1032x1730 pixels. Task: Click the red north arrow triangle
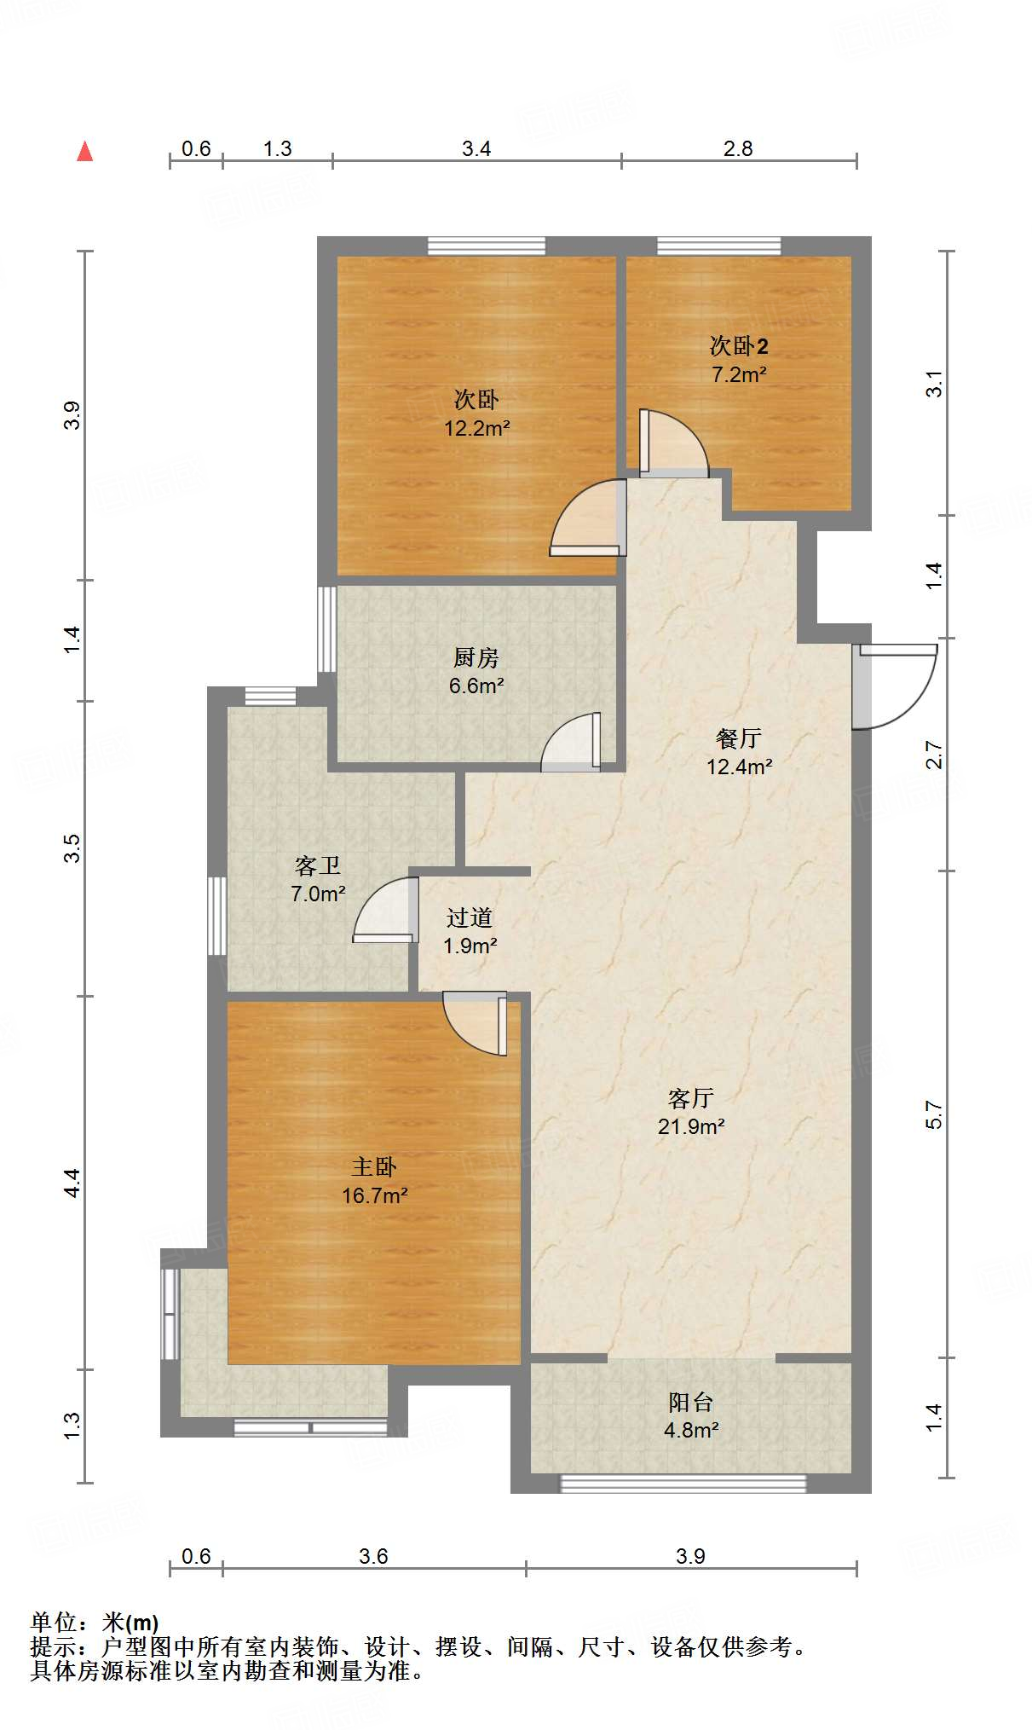(x=84, y=151)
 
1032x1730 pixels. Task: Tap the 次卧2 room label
(x=739, y=345)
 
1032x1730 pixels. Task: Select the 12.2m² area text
(x=476, y=428)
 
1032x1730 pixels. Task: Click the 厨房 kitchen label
(x=476, y=657)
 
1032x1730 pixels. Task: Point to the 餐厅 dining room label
(x=739, y=738)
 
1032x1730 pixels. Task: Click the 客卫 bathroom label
(x=318, y=865)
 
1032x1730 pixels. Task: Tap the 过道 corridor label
(x=470, y=917)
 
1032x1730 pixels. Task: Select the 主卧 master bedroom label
(x=374, y=1166)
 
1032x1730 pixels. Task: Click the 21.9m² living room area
(x=691, y=1126)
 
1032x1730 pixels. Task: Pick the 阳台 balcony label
(x=691, y=1402)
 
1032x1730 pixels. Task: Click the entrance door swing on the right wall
(x=895, y=687)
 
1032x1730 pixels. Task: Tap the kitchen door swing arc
(x=571, y=742)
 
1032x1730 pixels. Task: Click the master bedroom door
(x=475, y=1023)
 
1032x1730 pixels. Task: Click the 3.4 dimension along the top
(x=476, y=148)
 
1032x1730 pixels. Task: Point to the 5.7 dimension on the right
(x=934, y=1115)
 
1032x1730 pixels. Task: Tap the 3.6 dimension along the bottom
(x=373, y=1556)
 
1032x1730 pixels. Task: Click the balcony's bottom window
(x=683, y=1484)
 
